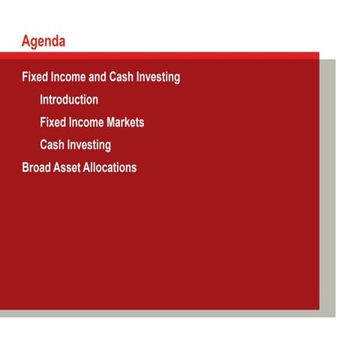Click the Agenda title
click(43, 41)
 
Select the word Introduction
click(69, 99)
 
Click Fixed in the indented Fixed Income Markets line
click(52, 121)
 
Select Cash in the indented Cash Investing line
click(52, 145)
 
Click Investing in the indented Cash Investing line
click(89, 145)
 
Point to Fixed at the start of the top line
click(34, 76)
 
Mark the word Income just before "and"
click(67, 76)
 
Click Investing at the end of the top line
click(158, 76)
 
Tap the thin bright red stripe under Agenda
click(165, 55)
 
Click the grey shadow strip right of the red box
click(327, 187)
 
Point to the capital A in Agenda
click(26, 41)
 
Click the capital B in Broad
click(26, 167)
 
